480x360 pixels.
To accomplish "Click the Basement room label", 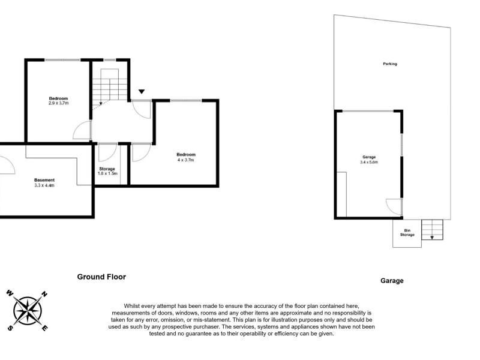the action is [44, 180].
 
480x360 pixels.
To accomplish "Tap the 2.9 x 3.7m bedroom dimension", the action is [59, 103].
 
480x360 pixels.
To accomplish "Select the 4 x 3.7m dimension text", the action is [186, 160].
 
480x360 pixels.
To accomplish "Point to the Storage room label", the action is [107, 169].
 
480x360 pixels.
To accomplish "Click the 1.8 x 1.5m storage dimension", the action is [107, 173].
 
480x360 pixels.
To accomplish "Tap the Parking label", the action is [389, 64].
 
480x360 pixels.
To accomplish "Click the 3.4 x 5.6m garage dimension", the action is [369, 162].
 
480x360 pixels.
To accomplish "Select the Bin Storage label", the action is [407, 233].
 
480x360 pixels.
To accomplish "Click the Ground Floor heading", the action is [101, 277].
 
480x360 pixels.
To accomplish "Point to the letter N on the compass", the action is [44, 295].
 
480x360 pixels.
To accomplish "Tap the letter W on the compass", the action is [10, 293].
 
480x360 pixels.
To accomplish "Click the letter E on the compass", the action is [44, 328].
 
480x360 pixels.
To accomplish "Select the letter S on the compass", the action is [10, 328].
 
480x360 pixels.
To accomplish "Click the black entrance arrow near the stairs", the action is [142, 91].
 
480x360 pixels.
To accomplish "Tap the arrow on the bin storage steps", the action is [432, 236].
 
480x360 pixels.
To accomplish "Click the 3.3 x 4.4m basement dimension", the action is [44, 185].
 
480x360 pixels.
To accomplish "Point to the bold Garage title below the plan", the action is [392, 280].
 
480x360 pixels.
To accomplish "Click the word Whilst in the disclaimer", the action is [131, 306].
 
